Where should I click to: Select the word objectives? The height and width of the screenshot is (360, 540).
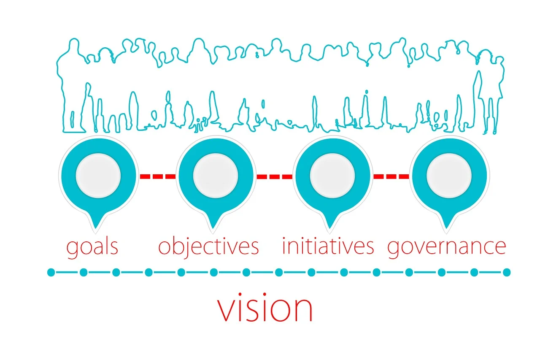tap(208, 247)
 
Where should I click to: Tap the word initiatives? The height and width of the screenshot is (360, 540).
tap(328, 246)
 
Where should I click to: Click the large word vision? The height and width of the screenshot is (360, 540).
tap(265, 307)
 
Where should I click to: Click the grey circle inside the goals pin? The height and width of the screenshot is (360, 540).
tap(98, 176)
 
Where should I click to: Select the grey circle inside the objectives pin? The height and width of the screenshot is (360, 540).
tap(216, 176)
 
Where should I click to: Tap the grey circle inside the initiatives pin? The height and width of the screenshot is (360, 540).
tap(332, 176)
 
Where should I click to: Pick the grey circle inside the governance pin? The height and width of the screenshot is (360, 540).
tap(449, 176)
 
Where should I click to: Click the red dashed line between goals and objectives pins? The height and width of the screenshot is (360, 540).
tap(158, 176)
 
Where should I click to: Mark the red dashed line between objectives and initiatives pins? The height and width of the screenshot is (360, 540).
tap(275, 176)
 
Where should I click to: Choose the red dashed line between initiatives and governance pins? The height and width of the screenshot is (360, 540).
tap(391, 176)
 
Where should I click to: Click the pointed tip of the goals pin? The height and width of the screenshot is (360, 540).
tap(96, 228)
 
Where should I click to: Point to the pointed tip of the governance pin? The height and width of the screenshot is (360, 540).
tap(446, 228)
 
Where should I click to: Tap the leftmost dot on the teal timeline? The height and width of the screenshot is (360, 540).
tap(51, 273)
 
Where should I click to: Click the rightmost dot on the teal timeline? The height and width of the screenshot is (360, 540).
tap(507, 273)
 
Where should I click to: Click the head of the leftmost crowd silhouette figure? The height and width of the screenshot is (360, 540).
tap(74, 44)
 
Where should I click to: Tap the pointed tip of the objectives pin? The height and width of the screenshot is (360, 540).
tap(213, 228)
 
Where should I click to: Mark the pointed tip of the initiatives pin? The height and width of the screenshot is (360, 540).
tap(330, 228)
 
